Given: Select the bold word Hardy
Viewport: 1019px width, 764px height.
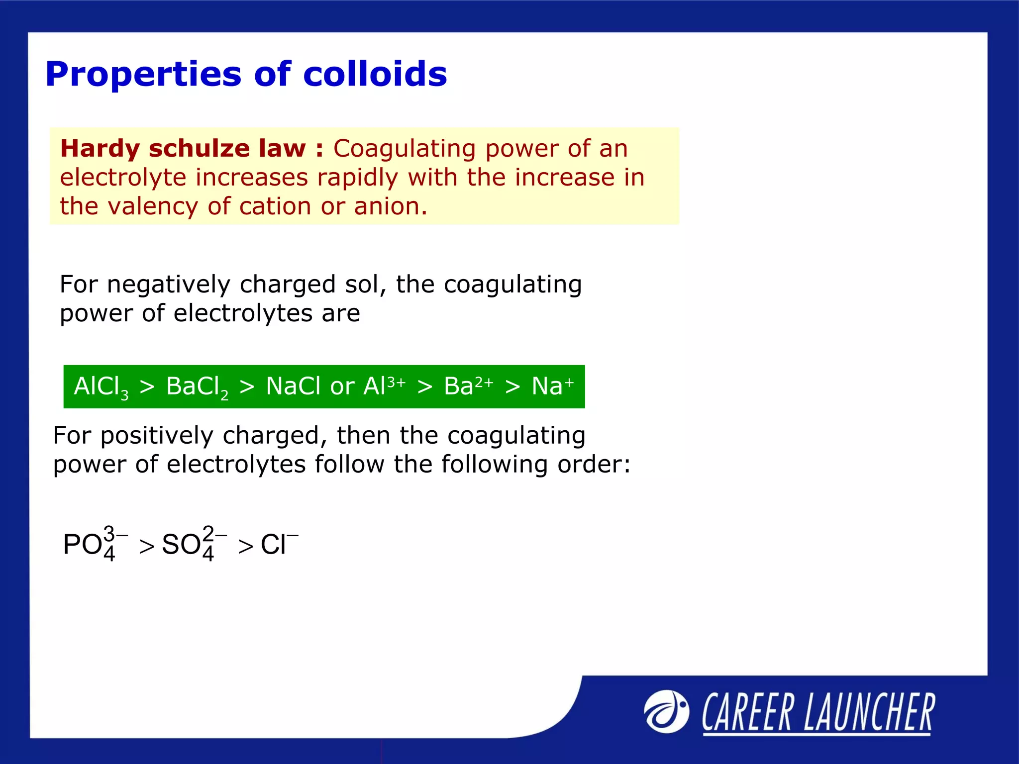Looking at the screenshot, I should click(100, 149).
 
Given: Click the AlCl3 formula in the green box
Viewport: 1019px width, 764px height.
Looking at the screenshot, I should click(101, 387).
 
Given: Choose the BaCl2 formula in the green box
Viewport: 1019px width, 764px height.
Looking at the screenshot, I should click(197, 387).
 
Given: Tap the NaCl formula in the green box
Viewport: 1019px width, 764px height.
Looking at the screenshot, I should click(294, 386).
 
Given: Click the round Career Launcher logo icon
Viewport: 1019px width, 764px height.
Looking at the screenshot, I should click(666, 712).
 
